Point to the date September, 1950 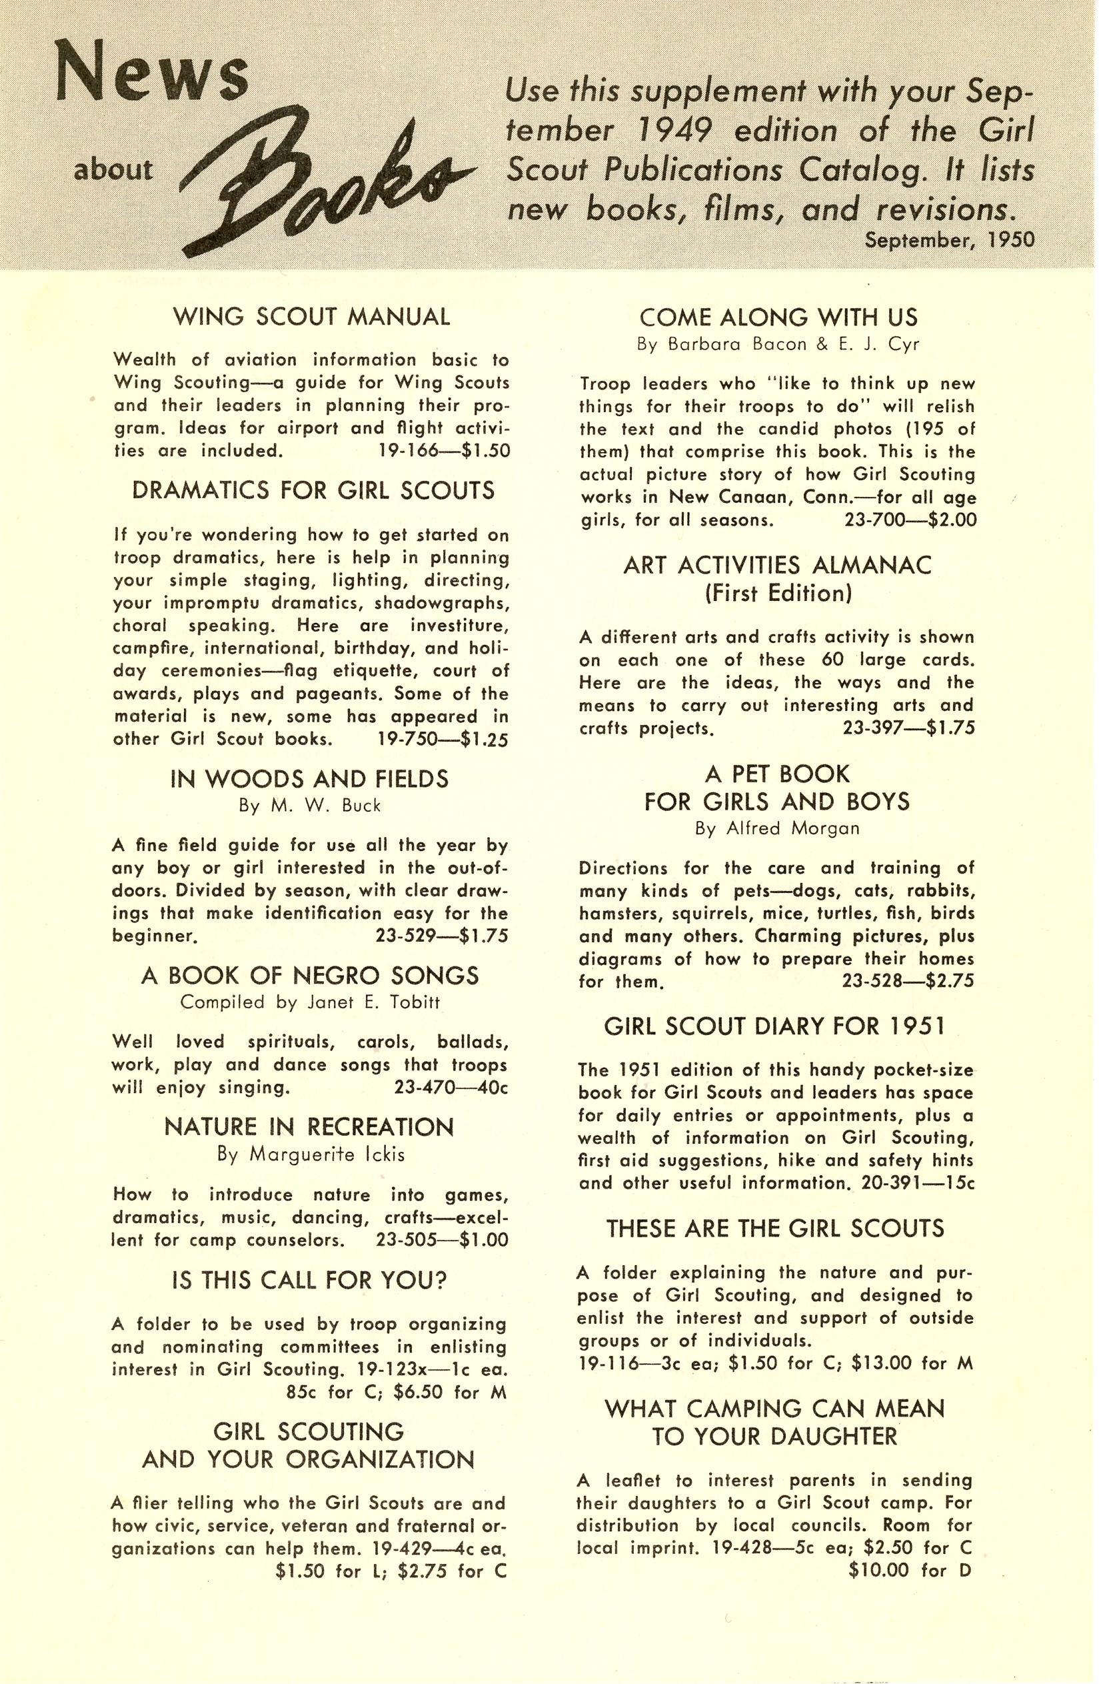click(x=950, y=241)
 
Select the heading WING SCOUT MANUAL click(x=311, y=316)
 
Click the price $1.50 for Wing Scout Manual click(x=484, y=451)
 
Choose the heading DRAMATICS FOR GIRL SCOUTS click(x=313, y=490)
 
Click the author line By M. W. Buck click(x=310, y=806)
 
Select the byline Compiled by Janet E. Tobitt click(x=311, y=1002)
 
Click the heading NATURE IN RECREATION click(x=309, y=1127)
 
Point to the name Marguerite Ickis click(x=325, y=1154)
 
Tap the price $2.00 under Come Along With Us click(x=952, y=520)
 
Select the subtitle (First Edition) click(x=778, y=593)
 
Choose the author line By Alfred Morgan click(x=777, y=828)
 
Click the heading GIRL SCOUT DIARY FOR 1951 click(x=774, y=1026)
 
